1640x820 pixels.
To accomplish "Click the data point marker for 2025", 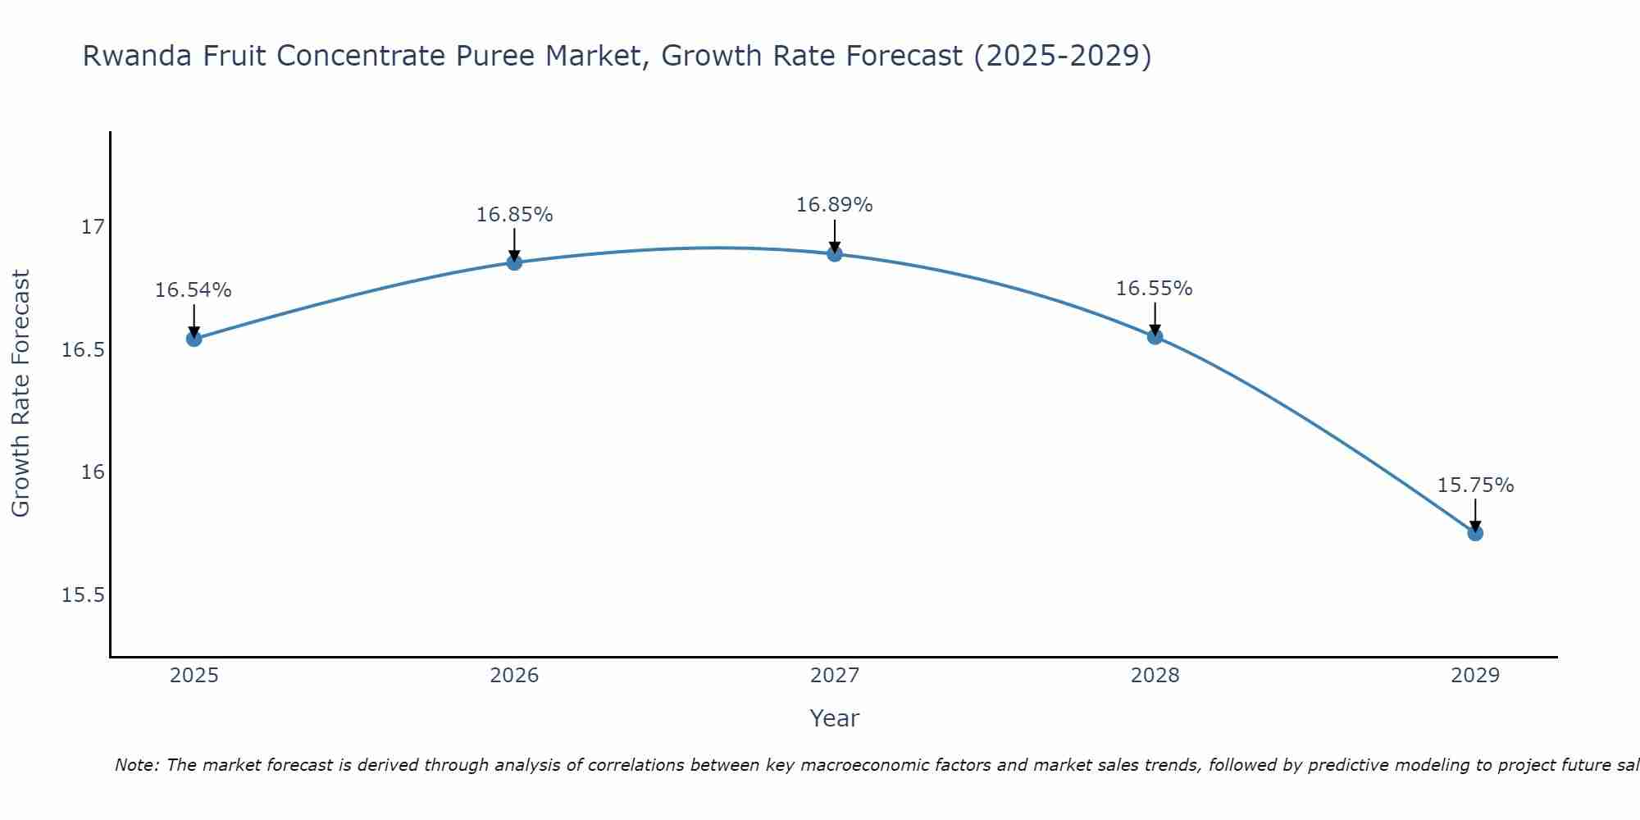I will (x=194, y=339).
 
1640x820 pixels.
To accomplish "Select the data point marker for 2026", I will (x=514, y=262).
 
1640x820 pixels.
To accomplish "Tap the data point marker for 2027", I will (x=835, y=253).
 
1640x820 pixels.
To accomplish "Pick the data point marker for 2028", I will (x=1155, y=336).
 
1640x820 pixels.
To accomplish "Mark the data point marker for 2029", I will (x=1475, y=533).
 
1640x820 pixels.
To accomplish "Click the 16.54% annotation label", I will (x=194, y=290).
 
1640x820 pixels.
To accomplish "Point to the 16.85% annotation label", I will (x=514, y=215).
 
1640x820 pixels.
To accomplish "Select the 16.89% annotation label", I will (x=835, y=205).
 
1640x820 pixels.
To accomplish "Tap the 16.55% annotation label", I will (x=1155, y=289).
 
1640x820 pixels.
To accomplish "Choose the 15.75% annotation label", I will (x=1475, y=485).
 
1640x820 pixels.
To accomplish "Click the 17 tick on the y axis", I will (x=93, y=227).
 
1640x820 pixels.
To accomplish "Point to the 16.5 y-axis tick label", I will (x=84, y=350).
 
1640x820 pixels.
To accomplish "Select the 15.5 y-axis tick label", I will (x=84, y=595).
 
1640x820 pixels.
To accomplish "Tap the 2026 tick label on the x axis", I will (x=514, y=676).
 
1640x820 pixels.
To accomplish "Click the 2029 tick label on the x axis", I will (x=1475, y=676).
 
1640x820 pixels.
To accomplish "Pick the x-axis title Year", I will (x=835, y=718).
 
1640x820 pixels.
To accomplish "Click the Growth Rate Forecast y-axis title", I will (x=21, y=394).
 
